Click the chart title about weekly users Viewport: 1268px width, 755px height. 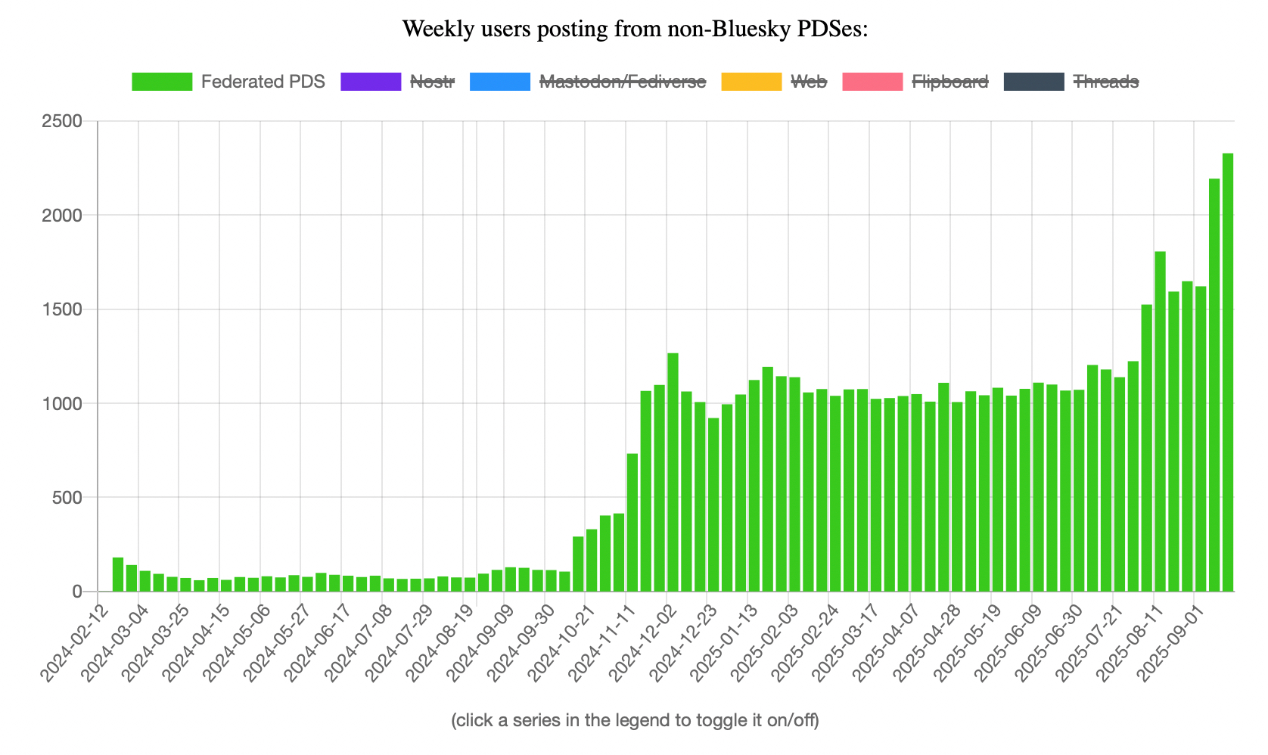634,29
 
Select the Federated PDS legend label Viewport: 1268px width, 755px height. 263,82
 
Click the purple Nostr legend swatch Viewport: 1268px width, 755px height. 371,82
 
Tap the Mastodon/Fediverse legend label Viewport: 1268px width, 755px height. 622,82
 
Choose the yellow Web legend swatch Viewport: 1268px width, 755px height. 751,82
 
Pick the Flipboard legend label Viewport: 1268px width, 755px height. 949,82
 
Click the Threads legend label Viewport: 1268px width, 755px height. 1105,82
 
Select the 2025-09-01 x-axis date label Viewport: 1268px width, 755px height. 1167,639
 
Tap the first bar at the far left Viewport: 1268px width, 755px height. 118,575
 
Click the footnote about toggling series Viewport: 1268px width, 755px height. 634,719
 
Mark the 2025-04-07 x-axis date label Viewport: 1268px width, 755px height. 884,639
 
